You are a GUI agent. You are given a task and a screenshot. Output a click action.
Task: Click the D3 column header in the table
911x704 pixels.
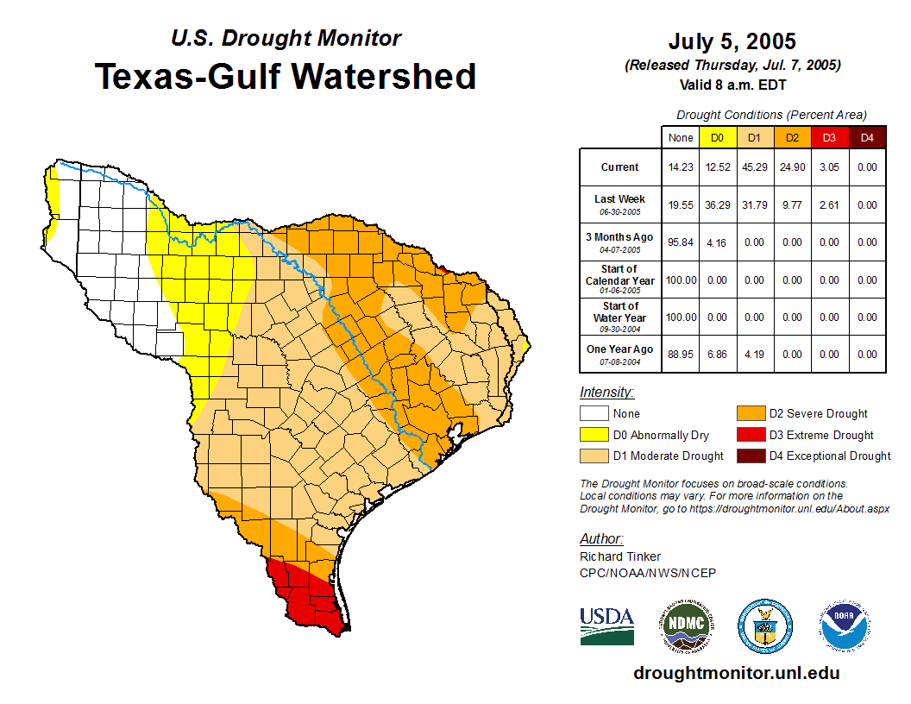829,137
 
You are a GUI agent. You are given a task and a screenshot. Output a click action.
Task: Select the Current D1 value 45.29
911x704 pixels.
755,167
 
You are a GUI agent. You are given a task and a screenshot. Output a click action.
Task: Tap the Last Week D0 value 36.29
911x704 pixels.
717,205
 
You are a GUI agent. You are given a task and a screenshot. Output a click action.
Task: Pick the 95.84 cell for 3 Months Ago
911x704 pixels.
680,242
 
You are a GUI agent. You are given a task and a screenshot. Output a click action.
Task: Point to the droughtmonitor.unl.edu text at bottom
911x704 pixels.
737,673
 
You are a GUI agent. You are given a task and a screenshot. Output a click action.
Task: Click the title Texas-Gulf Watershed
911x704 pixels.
286,76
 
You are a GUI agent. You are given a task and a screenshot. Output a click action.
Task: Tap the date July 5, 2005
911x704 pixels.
732,41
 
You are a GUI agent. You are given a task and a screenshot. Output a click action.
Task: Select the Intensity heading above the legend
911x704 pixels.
606,393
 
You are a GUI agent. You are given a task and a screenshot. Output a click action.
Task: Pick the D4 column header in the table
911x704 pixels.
867,137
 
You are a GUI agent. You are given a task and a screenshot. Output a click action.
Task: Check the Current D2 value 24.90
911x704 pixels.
792,167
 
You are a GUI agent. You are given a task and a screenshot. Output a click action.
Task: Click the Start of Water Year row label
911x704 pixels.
620,317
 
